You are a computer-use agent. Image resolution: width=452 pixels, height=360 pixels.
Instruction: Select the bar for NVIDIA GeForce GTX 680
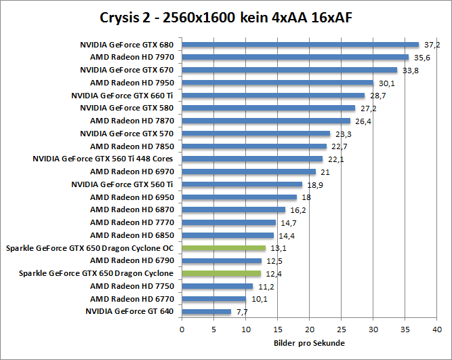pyautogui.click(x=300, y=45)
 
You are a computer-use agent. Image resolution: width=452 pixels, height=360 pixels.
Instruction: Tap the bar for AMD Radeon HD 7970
pyautogui.click(x=295, y=58)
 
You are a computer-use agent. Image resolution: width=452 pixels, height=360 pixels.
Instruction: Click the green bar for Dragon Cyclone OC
pyautogui.click(x=224, y=248)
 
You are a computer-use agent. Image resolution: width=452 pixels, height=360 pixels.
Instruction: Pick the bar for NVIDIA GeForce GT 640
pyautogui.click(x=206, y=312)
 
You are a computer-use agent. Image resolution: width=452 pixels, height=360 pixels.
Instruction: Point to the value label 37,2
pyautogui.click(x=432, y=45)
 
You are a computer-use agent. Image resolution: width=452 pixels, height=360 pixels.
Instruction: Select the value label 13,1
pyautogui.click(x=279, y=248)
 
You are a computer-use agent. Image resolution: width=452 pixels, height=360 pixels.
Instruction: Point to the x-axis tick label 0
pyautogui.click(x=182, y=329)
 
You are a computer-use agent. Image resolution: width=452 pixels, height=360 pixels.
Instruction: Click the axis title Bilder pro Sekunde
pyautogui.click(x=309, y=343)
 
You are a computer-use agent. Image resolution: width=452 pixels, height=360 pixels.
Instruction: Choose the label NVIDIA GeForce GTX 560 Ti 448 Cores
pyautogui.click(x=103, y=159)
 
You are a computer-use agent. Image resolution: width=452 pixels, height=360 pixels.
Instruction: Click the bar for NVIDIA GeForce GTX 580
pyautogui.click(x=268, y=108)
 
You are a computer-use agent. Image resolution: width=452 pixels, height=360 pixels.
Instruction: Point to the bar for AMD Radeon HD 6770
pyautogui.click(x=213, y=299)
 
